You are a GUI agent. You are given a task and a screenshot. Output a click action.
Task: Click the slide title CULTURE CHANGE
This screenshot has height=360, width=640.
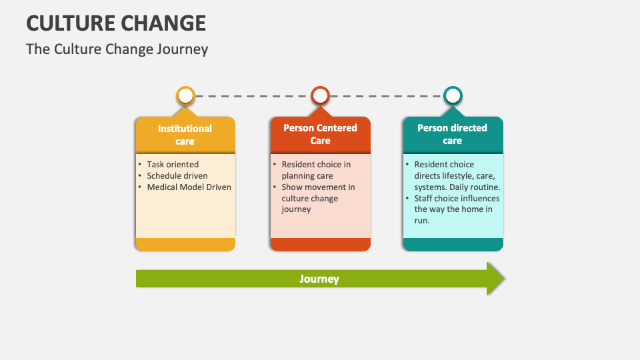click(x=116, y=23)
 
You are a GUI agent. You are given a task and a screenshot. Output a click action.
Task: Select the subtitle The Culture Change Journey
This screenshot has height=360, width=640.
click(x=117, y=49)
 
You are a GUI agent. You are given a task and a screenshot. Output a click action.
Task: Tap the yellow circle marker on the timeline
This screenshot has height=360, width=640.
click(x=185, y=96)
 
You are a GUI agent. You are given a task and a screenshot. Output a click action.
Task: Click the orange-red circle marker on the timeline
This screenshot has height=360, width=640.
click(x=320, y=96)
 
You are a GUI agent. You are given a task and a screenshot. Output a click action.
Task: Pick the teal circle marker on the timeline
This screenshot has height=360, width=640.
click(x=453, y=96)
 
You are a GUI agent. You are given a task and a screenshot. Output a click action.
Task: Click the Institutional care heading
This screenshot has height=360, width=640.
click(x=185, y=135)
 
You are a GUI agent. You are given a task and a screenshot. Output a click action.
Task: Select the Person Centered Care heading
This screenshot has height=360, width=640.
click(x=320, y=134)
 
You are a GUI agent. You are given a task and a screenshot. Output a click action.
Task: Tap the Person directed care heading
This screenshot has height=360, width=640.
click(x=452, y=134)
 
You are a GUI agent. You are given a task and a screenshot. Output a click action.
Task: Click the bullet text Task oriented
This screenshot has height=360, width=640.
click(x=173, y=164)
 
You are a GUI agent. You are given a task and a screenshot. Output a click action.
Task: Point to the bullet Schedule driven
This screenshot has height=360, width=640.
click(x=177, y=175)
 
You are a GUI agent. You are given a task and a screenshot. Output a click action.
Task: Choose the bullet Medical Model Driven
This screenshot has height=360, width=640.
click(x=189, y=187)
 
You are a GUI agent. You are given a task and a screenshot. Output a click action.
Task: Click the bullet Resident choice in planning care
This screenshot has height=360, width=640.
click(x=315, y=170)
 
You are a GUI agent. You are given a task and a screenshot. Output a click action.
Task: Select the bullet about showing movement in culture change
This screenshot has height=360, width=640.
click(x=317, y=198)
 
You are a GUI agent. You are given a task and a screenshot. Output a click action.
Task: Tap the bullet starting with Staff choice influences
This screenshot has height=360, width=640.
click(x=456, y=209)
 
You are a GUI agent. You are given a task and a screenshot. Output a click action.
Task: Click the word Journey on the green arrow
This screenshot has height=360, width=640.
click(x=319, y=279)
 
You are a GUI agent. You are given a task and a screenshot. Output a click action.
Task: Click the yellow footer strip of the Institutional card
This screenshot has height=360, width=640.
click(x=185, y=244)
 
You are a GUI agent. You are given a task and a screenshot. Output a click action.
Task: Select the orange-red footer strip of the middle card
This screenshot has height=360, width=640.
click(x=320, y=244)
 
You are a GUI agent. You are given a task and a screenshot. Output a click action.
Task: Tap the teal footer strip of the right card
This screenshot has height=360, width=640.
click(x=453, y=244)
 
